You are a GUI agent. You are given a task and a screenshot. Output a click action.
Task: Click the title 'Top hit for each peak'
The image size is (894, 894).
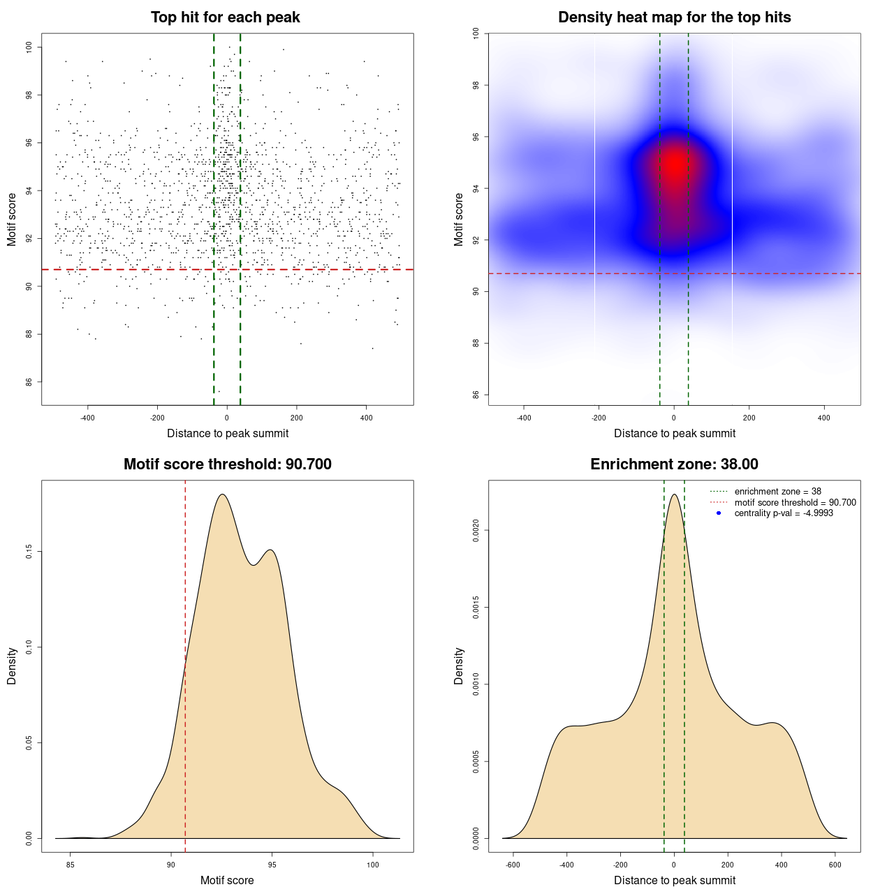pyautogui.click(x=225, y=17)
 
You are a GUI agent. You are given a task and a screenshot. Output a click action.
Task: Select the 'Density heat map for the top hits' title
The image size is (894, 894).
pyautogui.click(x=674, y=17)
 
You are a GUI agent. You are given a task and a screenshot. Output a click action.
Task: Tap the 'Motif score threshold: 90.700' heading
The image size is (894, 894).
pyautogui.click(x=227, y=464)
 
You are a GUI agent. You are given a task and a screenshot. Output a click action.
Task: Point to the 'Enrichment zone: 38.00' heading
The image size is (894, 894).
pyautogui.click(x=674, y=464)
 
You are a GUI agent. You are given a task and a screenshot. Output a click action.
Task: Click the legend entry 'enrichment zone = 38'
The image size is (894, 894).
pyautogui.click(x=777, y=492)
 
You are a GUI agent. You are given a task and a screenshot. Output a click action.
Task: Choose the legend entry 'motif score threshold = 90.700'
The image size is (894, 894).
pyautogui.click(x=795, y=503)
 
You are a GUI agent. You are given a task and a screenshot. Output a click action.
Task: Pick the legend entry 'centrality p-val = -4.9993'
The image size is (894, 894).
pyautogui.click(x=784, y=513)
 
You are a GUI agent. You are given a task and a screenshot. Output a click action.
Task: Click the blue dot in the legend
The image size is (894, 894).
pyautogui.click(x=719, y=513)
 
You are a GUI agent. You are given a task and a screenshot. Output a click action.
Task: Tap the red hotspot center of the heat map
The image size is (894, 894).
pyautogui.click(x=675, y=165)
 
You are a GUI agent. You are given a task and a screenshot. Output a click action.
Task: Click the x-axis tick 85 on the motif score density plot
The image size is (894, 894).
pyautogui.click(x=70, y=865)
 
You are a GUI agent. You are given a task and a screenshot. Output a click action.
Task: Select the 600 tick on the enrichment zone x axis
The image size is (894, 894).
pyautogui.click(x=835, y=865)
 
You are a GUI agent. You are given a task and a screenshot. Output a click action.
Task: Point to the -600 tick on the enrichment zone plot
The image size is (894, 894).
pyautogui.click(x=513, y=865)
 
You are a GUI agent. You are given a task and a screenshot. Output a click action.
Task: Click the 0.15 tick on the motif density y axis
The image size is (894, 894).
pyautogui.click(x=29, y=552)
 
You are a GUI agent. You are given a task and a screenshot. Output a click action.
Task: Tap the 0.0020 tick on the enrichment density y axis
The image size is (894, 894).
pyautogui.click(x=476, y=531)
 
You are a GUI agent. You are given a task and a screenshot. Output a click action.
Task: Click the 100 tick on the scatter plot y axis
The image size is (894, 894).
pyautogui.click(x=29, y=47)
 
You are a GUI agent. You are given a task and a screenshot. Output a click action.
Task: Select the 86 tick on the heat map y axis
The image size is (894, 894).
pyautogui.click(x=476, y=395)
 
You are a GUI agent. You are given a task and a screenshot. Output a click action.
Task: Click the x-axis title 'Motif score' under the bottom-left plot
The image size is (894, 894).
pyautogui.click(x=227, y=880)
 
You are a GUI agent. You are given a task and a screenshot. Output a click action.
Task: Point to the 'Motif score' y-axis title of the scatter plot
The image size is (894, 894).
pyautogui.click(x=12, y=219)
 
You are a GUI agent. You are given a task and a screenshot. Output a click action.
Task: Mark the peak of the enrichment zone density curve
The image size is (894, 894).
pyautogui.click(x=674, y=494)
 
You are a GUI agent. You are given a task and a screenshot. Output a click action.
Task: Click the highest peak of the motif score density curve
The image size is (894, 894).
pyautogui.click(x=222, y=494)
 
